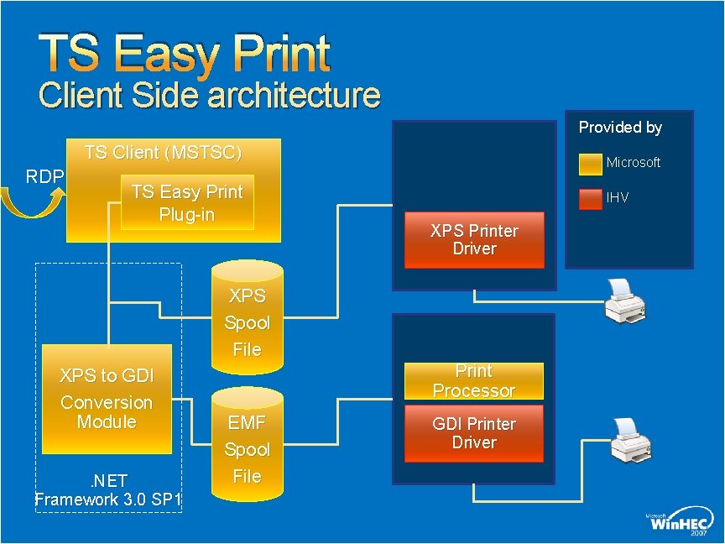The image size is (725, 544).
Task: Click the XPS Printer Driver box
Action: [474, 240]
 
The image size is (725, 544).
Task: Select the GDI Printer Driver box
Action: [474, 433]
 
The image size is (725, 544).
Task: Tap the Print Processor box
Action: [474, 381]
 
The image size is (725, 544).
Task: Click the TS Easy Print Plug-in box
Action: [186, 204]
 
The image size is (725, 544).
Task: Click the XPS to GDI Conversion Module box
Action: [107, 399]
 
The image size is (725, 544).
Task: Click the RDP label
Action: [44, 176]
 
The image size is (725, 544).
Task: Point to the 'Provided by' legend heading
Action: [620, 128]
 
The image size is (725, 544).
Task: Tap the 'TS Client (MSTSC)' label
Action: [163, 153]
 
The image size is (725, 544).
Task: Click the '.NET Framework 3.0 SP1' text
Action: [109, 490]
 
